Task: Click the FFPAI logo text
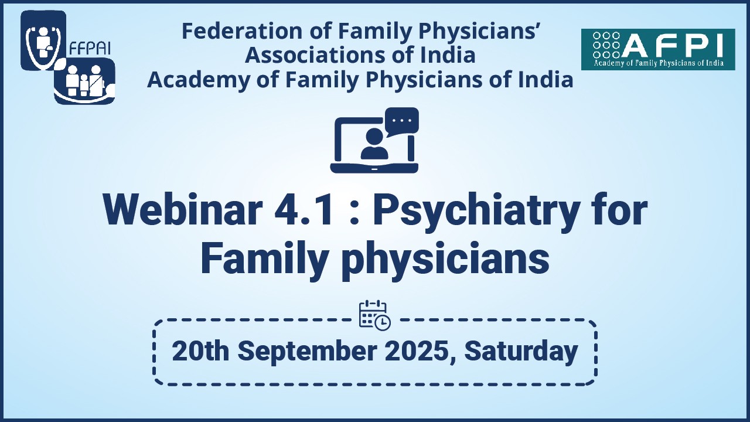point(90,49)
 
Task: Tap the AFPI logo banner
point(658,50)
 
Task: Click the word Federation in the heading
point(242,31)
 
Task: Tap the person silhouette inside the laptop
point(374,144)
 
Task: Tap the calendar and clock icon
point(374,315)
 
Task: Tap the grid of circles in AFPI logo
point(606,45)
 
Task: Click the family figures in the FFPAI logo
point(85,81)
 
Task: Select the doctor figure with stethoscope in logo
point(43,41)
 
